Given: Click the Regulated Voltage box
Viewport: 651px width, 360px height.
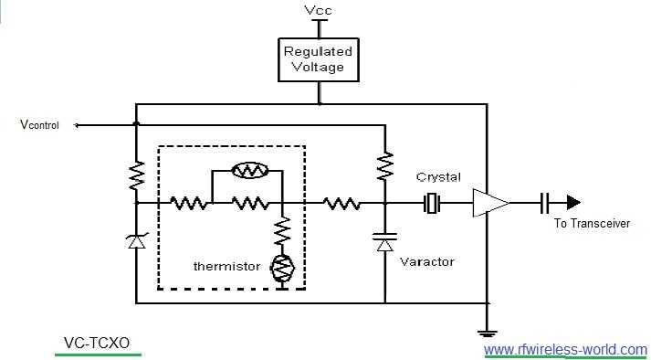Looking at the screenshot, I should [x=318, y=58].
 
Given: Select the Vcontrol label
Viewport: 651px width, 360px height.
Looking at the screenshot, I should [x=39, y=125].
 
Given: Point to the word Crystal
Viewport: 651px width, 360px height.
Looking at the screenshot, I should [x=438, y=176].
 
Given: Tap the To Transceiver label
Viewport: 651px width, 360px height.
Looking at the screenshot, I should [x=592, y=224].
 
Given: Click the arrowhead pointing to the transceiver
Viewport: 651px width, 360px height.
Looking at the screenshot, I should [x=572, y=202].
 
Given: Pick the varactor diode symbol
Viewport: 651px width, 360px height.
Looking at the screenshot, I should [x=384, y=242].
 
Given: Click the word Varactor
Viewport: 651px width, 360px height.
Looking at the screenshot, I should [x=426, y=261].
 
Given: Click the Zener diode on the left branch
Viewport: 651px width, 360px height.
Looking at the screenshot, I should [x=135, y=240].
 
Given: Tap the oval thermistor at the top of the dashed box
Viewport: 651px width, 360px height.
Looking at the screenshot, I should [x=247, y=170].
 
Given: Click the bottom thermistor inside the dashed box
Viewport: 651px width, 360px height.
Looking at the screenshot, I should [x=281, y=269].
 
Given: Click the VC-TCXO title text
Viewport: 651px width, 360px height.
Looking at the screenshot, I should [x=97, y=343].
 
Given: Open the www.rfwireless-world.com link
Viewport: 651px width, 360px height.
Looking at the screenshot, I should [x=565, y=349].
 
